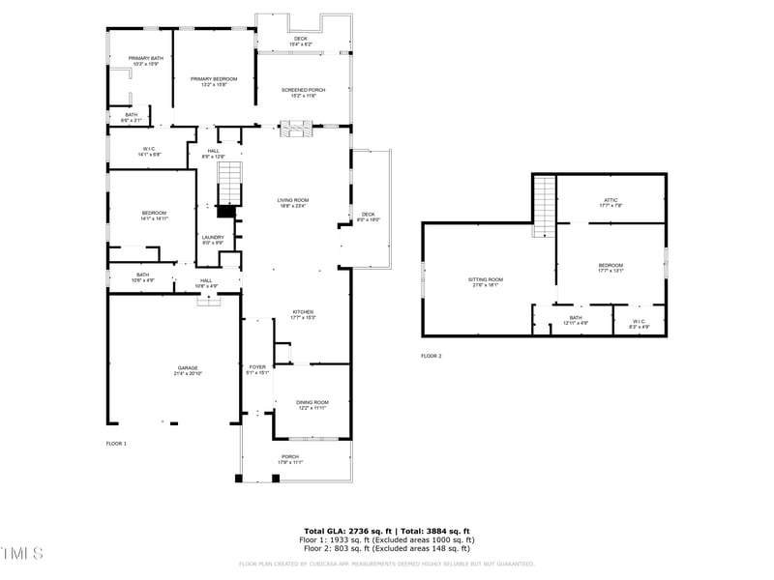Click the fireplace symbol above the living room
pyautogui.click(x=294, y=127)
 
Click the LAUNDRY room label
pyautogui.click(x=213, y=239)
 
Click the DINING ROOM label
pyautogui.click(x=313, y=403)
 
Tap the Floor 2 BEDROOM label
pyautogui.click(x=610, y=267)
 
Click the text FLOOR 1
pyautogui.click(x=116, y=443)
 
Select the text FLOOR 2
pyautogui.click(x=431, y=357)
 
